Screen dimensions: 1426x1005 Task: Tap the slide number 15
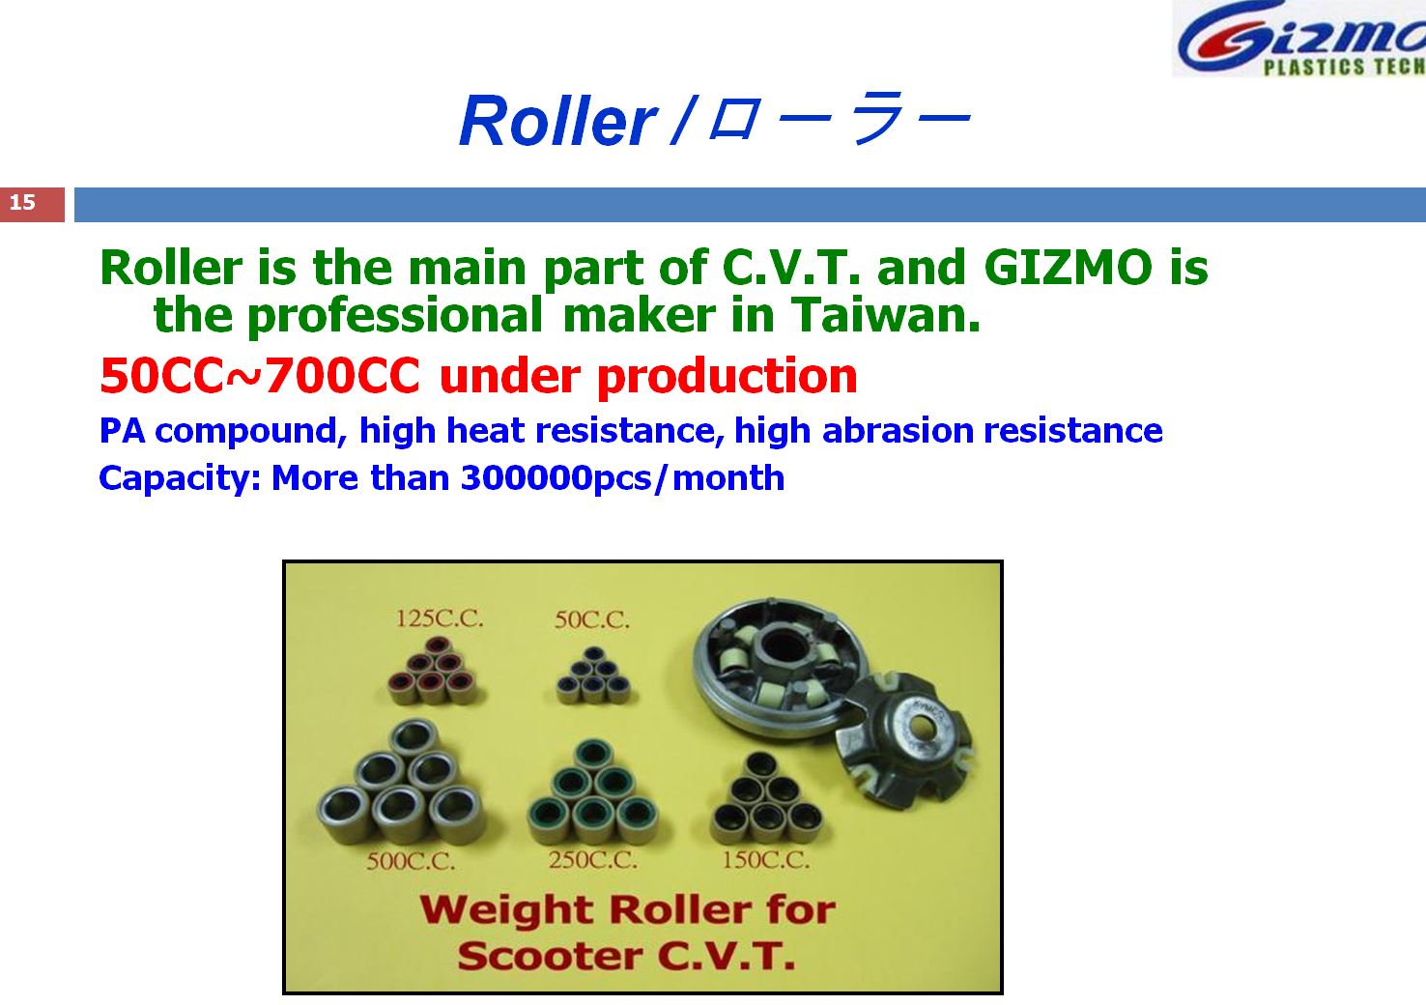tap(22, 203)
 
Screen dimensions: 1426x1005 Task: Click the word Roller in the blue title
tap(557, 121)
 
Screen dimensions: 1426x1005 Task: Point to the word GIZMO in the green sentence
tap(1068, 268)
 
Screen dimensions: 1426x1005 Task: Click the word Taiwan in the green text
tap(886, 315)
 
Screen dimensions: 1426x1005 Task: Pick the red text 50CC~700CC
tap(260, 376)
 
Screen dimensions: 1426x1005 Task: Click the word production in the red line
tap(727, 377)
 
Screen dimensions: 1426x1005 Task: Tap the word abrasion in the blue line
tap(898, 431)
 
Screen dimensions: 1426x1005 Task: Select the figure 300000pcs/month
tap(622, 477)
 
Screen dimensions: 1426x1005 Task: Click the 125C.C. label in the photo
tap(440, 618)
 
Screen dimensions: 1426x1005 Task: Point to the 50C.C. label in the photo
tap(591, 619)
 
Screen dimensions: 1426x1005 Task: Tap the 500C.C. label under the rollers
tap(411, 862)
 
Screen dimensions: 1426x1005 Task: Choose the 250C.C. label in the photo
tap(592, 860)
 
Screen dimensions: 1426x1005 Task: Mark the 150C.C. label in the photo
tap(766, 860)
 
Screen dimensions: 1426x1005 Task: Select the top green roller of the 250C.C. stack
tap(593, 756)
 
